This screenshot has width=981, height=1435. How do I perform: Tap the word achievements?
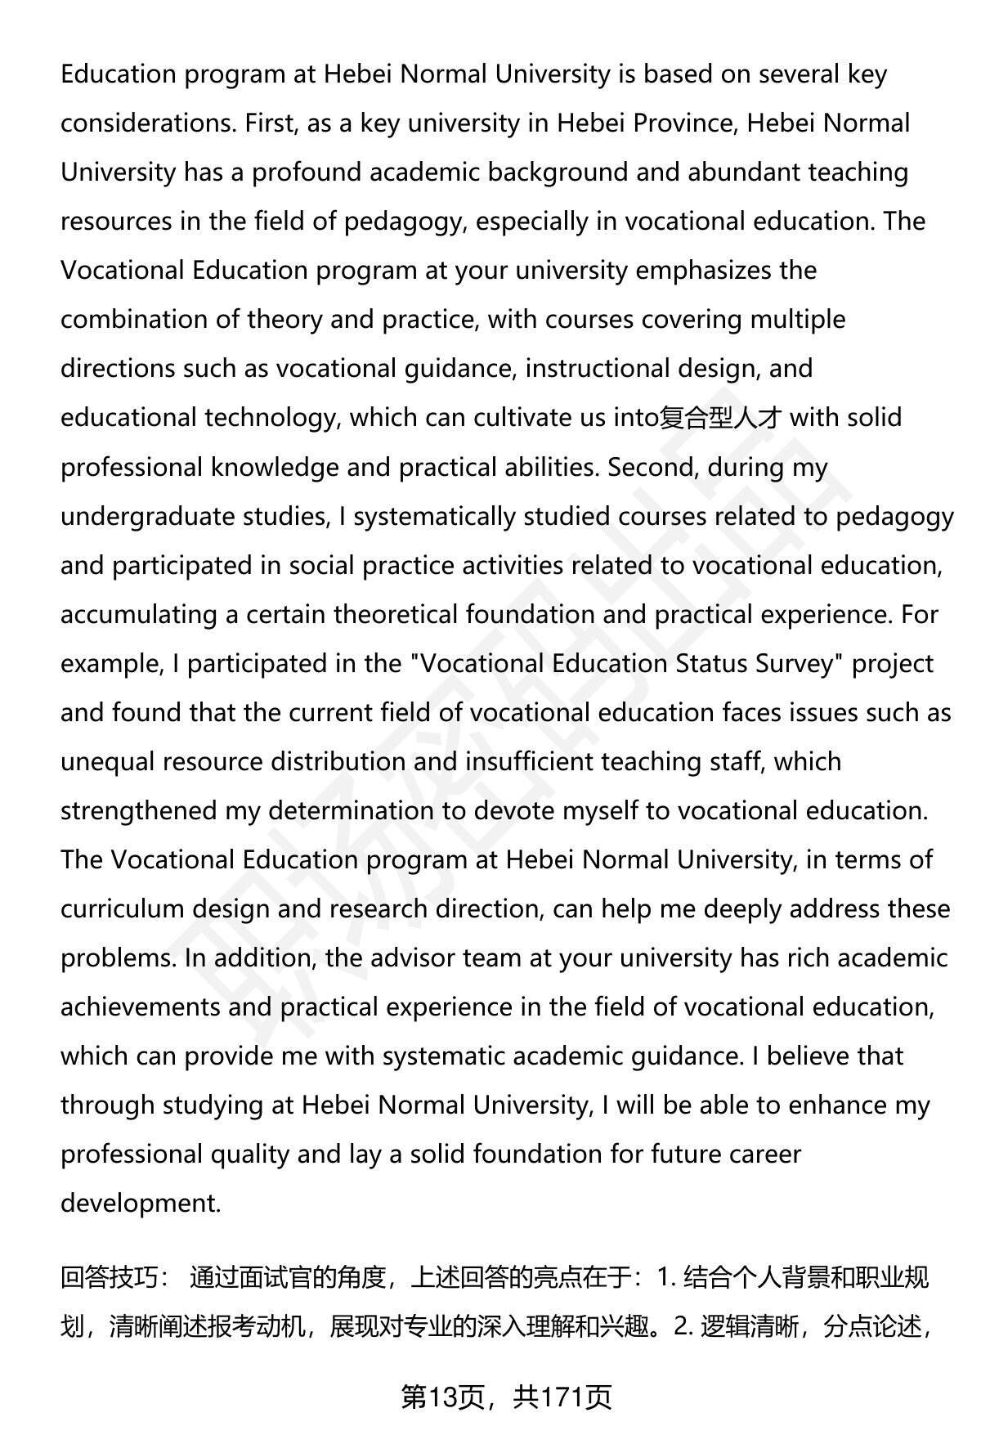click(x=140, y=1007)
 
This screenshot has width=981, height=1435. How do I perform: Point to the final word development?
click(x=141, y=1204)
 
